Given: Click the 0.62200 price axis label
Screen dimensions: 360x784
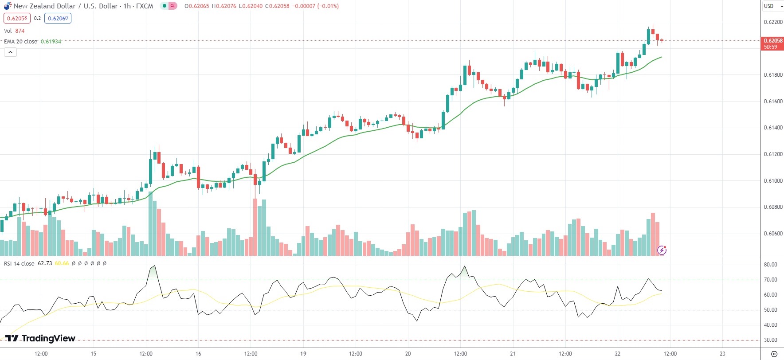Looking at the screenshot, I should pos(773,22).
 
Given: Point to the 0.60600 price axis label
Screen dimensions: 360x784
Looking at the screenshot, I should pos(773,234).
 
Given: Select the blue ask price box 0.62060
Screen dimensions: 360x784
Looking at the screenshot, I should pos(58,18).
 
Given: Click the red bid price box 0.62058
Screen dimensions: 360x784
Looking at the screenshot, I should pos(17,18).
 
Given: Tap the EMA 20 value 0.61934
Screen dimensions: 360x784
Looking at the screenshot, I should pos(51,41).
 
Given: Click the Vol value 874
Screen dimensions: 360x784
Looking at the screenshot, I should pos(20,31).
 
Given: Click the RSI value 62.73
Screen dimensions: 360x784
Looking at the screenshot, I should pos(45,263).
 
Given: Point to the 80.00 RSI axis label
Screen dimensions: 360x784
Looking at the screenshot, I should pos(771,265).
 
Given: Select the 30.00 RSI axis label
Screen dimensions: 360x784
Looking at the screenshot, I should pos(771,340).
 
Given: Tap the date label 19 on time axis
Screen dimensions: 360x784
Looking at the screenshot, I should pos(303,354).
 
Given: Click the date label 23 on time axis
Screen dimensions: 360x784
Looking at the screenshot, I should pos(722,354).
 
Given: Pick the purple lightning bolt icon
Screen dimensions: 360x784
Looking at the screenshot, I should pos(662,250).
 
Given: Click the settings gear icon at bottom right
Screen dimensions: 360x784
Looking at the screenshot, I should pos(774,354).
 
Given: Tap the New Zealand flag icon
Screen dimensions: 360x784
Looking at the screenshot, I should pos(8,6).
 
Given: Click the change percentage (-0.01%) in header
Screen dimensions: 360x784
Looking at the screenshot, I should pos(328,6).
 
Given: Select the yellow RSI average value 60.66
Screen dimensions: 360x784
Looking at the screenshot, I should pos(62,263).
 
